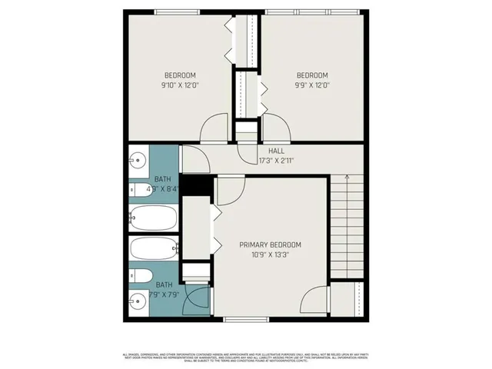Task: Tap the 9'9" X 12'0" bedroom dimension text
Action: point(312,87)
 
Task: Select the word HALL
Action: point(275,151)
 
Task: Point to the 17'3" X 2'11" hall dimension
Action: point(276,161)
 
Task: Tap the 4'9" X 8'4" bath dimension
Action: point(162,187)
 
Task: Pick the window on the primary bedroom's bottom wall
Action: point(246,319)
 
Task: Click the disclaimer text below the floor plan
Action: point(246,357)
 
